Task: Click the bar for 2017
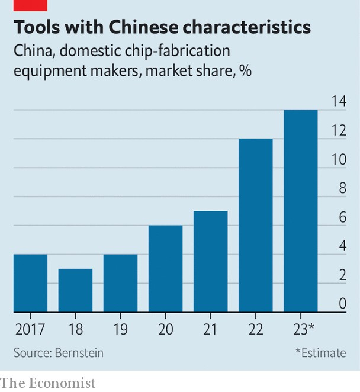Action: [30, 283]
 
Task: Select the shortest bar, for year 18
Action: [75, 290]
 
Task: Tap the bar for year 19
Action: [120, 283]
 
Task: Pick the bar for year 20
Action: [165, 268]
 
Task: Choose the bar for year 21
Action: [210, 261]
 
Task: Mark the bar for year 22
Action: [255, 225]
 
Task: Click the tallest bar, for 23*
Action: [300, 210]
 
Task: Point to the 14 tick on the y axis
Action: [338, 101]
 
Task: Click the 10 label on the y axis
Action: [338, 159]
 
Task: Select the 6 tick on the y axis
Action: [342, 217]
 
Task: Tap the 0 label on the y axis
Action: [342, 303]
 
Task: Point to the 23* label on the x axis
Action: [303, 329]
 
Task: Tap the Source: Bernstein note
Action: [59, 353]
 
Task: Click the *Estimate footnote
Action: [320, 353]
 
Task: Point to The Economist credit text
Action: [47, 383]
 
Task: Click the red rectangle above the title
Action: [30, 5]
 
